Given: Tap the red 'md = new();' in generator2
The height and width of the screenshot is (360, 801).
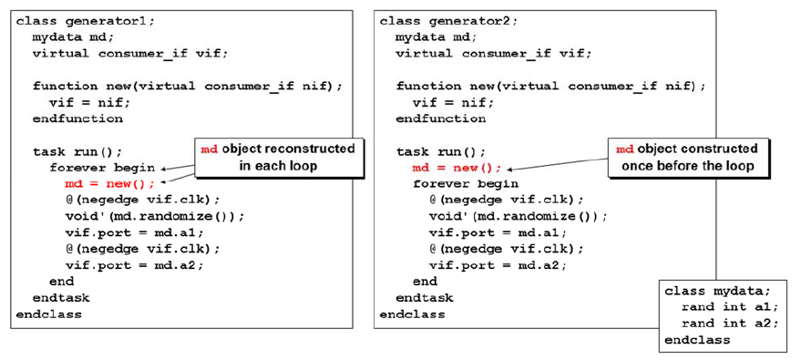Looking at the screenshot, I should coord(457,168).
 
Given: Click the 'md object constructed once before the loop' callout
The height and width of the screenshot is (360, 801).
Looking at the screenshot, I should coord(690,158).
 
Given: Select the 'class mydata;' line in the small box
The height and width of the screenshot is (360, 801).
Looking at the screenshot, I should coord(717,291).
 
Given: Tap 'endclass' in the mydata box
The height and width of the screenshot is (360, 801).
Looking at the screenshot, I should coord(697,340).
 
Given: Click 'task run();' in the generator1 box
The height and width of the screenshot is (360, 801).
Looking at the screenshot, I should coord(77,151).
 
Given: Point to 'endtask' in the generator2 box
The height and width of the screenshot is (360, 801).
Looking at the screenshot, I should coord(425,298).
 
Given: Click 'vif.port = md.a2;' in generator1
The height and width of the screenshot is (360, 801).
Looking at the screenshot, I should coord(134,265).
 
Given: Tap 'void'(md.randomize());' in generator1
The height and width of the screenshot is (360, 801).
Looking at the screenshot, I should coord(155,216).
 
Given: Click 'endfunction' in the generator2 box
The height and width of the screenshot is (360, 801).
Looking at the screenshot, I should coord(441,118).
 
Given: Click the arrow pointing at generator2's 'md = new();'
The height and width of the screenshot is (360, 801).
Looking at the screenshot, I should coord(556,162).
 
